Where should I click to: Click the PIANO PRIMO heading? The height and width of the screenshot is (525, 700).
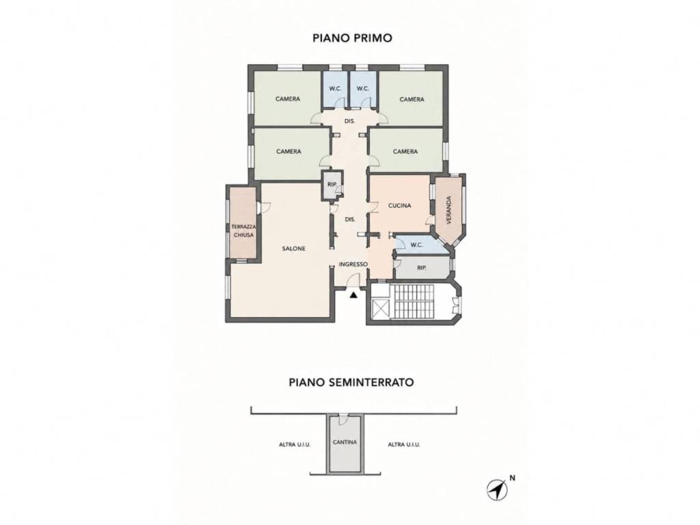(352, 38)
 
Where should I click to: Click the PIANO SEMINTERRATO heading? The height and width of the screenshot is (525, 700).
(351, 383)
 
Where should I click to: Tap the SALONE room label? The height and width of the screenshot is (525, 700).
(294, 249)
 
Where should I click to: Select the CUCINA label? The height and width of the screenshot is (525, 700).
(399, 206)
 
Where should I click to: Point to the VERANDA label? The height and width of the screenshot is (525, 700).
(449, 210)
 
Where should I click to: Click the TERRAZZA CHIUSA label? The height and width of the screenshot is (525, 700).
(243, 231)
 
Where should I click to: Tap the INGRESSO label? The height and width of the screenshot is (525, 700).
(353, 265)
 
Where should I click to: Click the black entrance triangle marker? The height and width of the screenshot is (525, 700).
(353, 295)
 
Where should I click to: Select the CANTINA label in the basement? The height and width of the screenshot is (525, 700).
(345, 442)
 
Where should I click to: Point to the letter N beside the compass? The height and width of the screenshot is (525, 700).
(513, 478)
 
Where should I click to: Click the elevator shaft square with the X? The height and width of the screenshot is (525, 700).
(381, 308)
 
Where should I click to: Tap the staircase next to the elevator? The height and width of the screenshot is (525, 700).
(412, 301)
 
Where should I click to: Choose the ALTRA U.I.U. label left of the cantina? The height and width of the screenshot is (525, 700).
(295, 444)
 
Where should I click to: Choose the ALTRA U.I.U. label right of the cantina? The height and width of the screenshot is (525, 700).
(404, 444)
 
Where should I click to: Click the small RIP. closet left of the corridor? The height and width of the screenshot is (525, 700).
(332, 185)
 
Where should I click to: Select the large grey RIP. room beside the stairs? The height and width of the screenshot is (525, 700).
(421, 268)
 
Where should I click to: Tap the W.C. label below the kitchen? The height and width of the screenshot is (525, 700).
(416, 245)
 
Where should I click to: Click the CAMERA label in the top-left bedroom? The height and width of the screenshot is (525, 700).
(288, 99)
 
